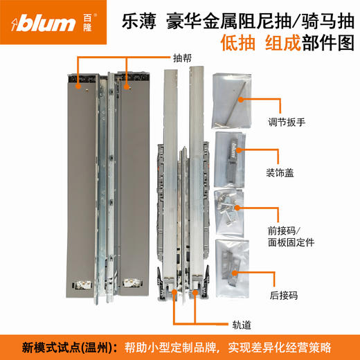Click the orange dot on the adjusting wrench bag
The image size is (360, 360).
tap(239, 99)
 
